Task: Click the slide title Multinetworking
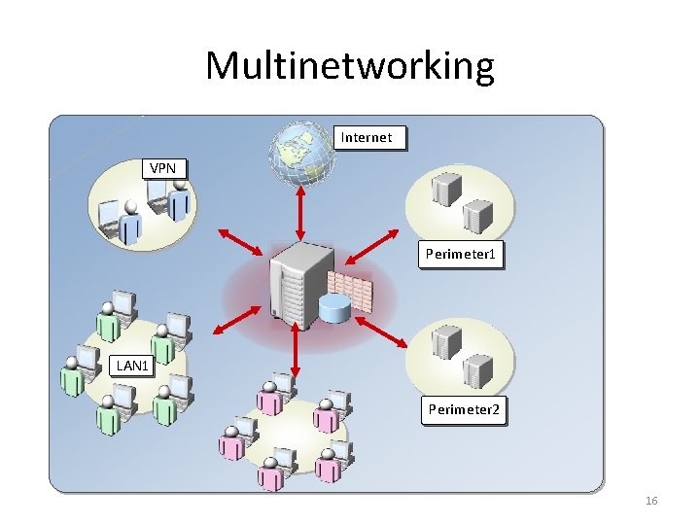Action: [350, 66]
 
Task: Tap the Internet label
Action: [367, 138]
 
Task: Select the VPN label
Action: [162, 169]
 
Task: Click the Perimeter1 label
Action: [461, 256]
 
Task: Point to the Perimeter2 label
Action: [464, 410]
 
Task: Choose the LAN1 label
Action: [131, 367]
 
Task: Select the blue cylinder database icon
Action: [334, 309]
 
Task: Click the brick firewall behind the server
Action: [352, 289]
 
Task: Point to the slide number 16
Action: [651, 501]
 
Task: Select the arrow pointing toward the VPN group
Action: [238, 243]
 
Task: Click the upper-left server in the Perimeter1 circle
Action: [447, 189]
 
